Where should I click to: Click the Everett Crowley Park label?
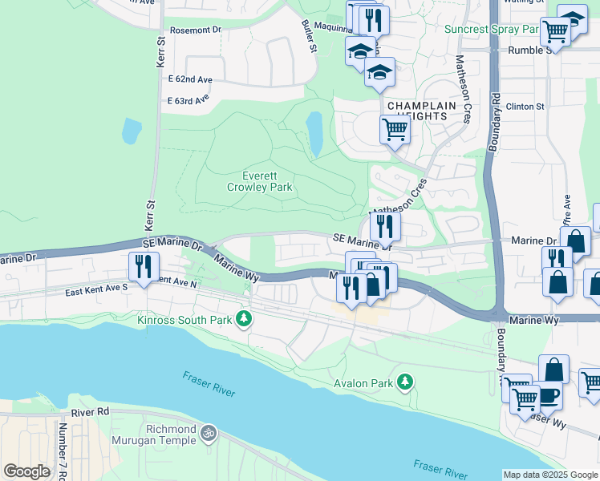(x=259, y=182)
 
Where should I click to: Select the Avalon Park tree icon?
(x=406, y=383)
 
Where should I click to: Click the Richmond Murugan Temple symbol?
(x=209, y=434)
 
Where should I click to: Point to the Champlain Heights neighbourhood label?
(x=417, y=111)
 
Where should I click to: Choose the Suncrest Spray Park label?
(x=491, y=29)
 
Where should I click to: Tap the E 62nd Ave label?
(x=190, y=80)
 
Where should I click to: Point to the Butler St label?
(x=308, y=38)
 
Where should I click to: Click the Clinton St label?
(x=525, y=106)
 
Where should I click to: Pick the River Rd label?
(x=89, y=412)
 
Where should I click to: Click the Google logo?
(x=26, y=471)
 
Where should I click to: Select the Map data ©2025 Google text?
(x=549, y=475)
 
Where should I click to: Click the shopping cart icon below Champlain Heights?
(x=395, y=128)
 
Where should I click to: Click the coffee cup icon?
(x=547, y=395)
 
